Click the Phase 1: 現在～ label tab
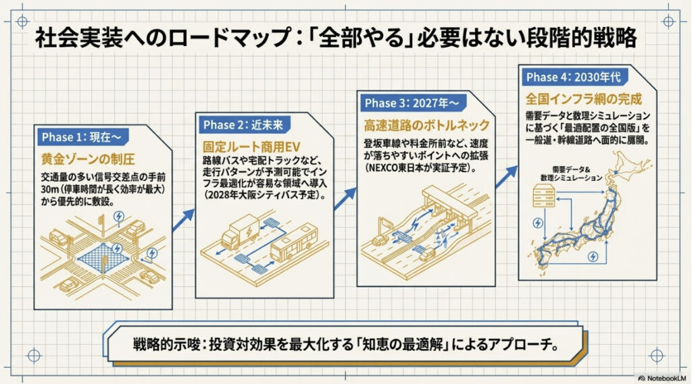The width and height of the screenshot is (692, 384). point(81,138)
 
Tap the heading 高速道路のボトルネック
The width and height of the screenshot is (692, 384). point(426,126)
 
